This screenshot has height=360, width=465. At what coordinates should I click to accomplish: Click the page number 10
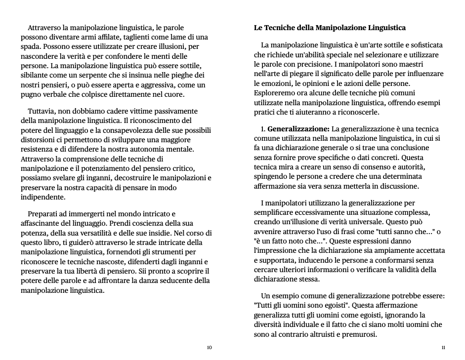tap(209, 348)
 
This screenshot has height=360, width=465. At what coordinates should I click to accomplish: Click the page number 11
tap(443, 348)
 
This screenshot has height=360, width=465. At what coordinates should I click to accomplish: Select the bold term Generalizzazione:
tap(298, 129)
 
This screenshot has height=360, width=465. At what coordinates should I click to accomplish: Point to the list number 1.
tap(263, 129)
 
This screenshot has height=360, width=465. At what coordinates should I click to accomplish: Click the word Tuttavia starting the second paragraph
tap(43, 111)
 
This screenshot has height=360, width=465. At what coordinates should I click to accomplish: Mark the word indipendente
tap(42, 197)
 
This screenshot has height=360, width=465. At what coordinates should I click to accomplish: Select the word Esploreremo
tap(275, 93)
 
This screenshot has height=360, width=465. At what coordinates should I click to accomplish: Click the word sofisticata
tap(422, 45)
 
